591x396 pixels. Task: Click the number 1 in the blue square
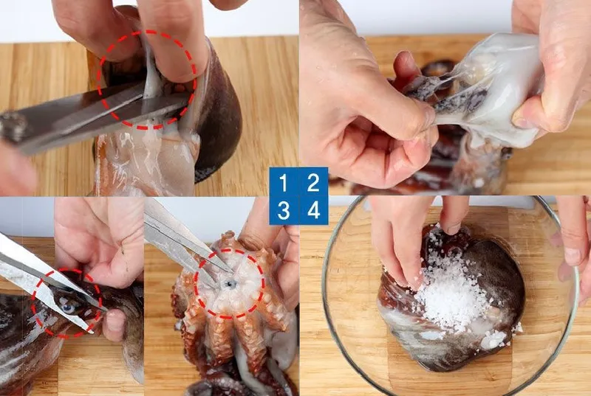(283, 183)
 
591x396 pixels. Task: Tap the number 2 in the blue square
(313, 183)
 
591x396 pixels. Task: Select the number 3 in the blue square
(284, 211)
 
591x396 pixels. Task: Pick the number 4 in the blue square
(313, 211)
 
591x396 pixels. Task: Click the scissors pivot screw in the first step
(12, 127)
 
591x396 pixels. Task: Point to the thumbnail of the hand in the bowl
(572, 256)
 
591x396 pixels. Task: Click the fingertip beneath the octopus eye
(114, 324)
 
